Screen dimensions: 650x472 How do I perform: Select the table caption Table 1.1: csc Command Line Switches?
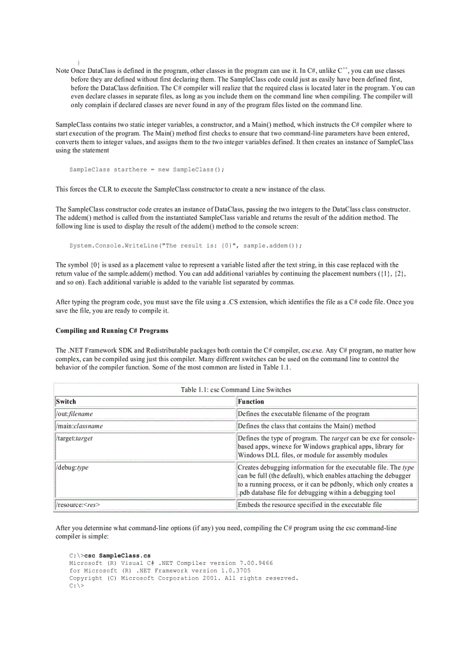[x=236, y=390]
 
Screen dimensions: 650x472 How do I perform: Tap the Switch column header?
[x=66, y=401]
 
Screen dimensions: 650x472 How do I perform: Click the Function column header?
[x=250, y=401]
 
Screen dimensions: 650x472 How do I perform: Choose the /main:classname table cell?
[x=79, y=426]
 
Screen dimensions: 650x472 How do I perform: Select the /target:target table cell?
[x=74, y=438]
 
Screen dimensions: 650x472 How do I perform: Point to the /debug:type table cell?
[x=72, y=468]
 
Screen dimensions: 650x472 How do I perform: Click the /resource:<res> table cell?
[x=78, y=505]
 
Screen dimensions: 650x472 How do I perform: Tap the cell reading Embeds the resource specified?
[x=309, y=505]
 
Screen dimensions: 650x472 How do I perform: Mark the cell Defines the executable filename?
[x=303, y=414]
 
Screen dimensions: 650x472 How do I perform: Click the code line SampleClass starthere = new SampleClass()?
[x=146, y=170]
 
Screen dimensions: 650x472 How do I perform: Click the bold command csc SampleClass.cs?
[x=117, y=555]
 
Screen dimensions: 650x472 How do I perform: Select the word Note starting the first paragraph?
[x=62, y=71]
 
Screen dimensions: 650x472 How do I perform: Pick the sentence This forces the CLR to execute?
[x=190, y=189]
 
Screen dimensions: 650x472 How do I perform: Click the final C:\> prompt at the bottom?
[x=76, y=585]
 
